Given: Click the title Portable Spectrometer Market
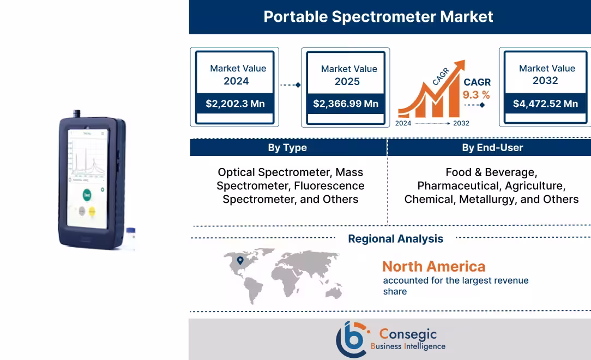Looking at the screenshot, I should coord(378,16).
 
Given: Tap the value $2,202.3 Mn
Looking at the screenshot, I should coord(235,104).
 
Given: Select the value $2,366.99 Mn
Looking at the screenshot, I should coord(346,104).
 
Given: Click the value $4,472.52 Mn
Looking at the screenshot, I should coord(545,104).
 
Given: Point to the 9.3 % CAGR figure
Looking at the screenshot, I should coord(477,95).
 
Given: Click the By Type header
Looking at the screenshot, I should coord(287,148).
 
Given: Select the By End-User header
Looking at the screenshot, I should coord(492,148).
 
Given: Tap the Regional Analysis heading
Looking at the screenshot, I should coord(395,239).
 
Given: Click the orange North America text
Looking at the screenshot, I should coord(433,267).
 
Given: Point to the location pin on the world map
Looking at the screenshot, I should coord(240,261).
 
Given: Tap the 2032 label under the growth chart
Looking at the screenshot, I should coord(461,123).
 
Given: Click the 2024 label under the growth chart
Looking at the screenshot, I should coord(403,123).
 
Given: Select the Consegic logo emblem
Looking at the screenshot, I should coord(351,339).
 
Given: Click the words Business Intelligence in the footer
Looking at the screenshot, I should coord(408,346).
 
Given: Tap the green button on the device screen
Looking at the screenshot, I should coord(87,195).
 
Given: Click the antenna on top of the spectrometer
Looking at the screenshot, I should coord(77,113).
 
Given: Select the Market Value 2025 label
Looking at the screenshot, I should coord(348,75).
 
